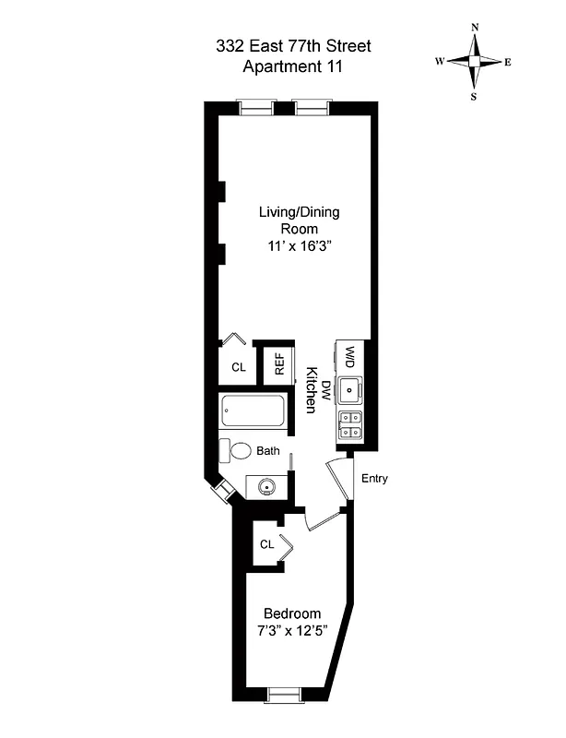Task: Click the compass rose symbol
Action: coord(474,61)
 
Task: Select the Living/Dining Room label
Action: coord(299,220)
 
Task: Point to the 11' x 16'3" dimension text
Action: coord(299,247)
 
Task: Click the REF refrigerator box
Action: coord(278,365)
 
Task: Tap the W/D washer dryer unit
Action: coord(351,356)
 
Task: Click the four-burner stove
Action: coord(350,425)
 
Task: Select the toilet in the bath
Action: coord(238,451)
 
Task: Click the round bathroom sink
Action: coord(267,485)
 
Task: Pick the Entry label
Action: coord(375,478)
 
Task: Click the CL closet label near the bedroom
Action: coord(267,544)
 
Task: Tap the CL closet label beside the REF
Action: coord(239,367)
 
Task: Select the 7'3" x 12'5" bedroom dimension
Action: coord(292,632)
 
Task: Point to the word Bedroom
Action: coord(292,613)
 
